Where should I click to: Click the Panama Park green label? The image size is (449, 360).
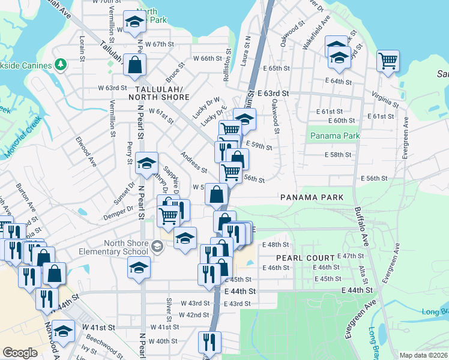(335, 136)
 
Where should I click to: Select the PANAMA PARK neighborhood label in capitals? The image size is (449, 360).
(311, 197)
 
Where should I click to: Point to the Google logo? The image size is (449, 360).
(20, 353)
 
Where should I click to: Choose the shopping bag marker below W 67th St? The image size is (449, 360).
(134, 65)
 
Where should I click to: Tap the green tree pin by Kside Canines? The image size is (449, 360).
(60, 64)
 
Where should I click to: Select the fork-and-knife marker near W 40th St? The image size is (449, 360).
(209, 342)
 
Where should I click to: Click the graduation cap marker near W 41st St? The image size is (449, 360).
(63, 331)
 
